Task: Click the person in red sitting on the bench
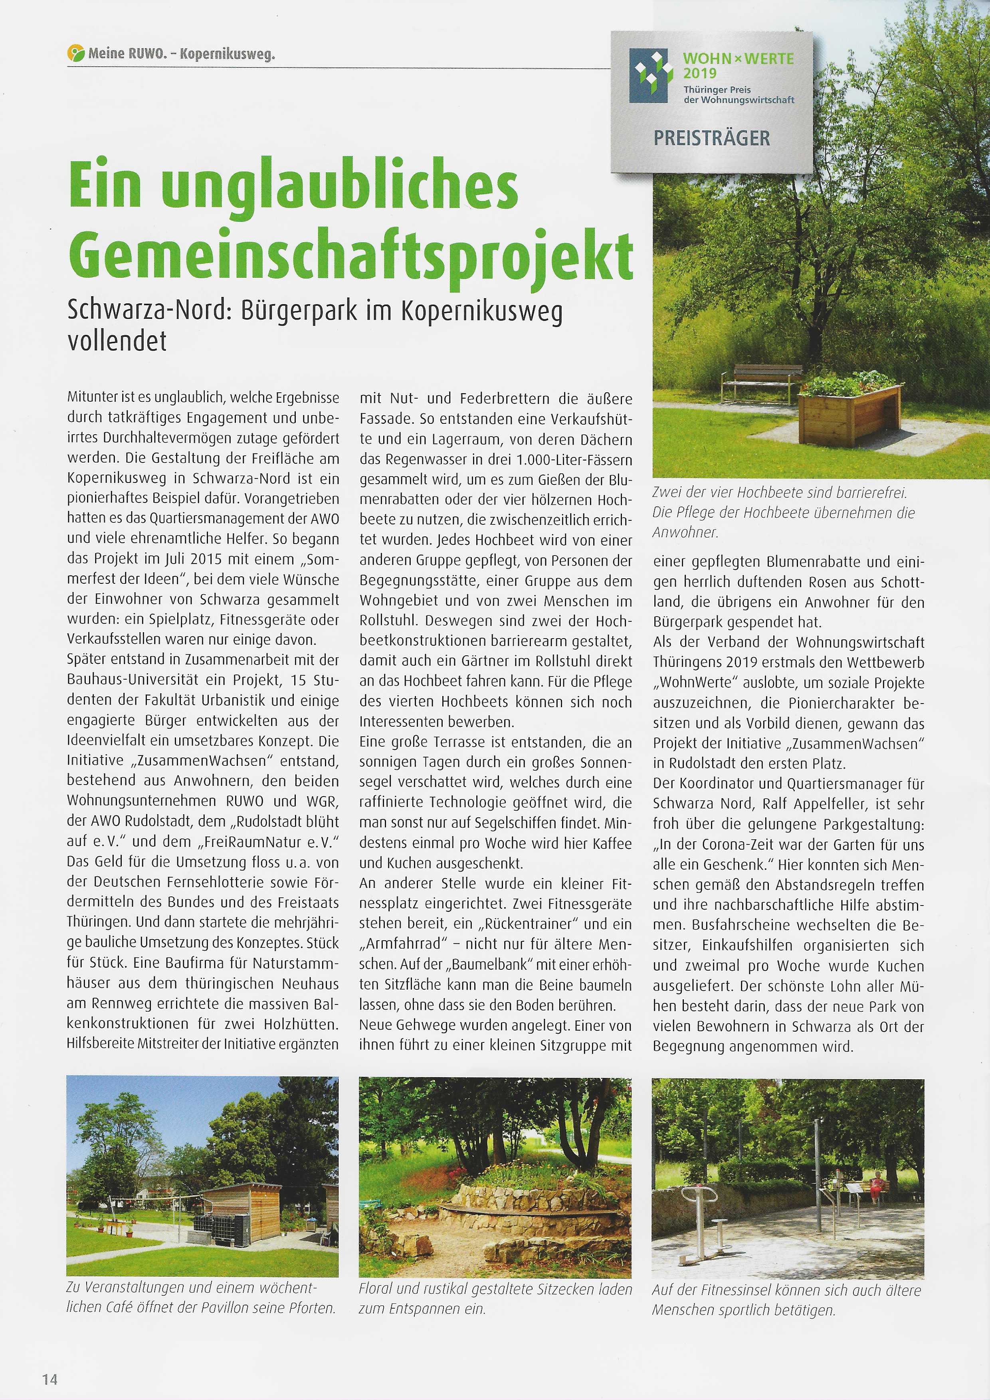pos(877,1184)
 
